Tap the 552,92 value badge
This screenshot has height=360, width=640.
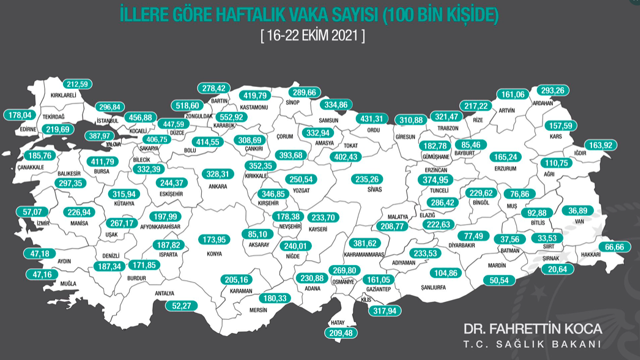233,118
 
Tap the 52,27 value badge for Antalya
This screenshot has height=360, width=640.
180,306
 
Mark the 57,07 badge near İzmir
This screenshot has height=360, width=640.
34,212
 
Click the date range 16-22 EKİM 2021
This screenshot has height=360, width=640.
312,35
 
